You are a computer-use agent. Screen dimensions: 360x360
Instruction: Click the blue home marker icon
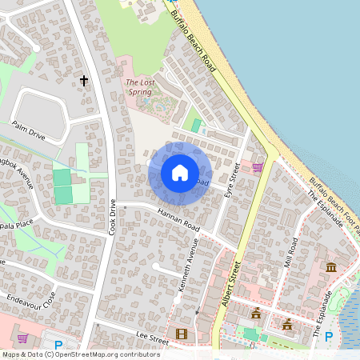click(x=180, y=172)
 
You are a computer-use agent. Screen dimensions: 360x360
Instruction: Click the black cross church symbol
click(x=84, y=80)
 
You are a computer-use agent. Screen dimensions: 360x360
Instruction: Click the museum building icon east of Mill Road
click(x=330, y=266)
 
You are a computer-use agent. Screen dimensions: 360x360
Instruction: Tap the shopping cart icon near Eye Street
click(x=257, y=167)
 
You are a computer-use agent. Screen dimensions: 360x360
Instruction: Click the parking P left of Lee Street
click(x=58, y=345)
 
